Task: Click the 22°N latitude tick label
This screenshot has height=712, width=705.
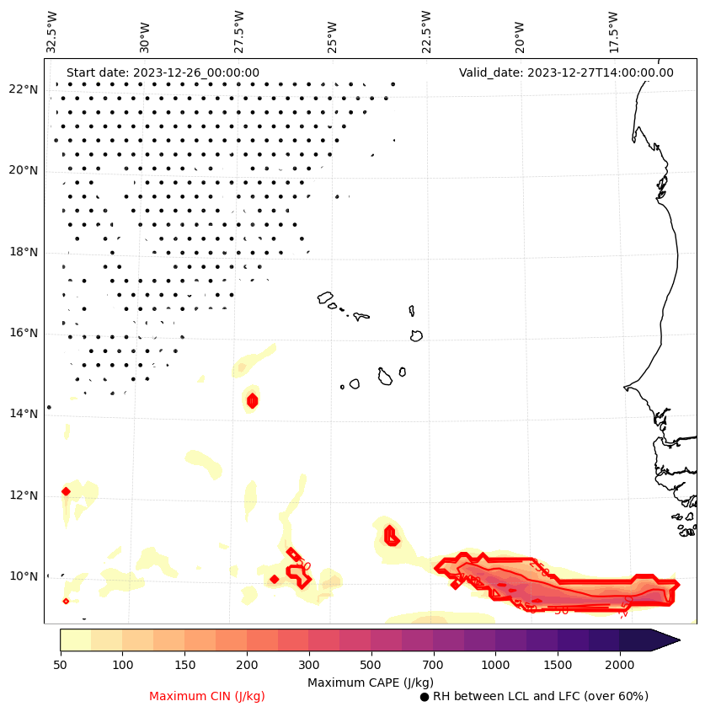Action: tap(23, 89)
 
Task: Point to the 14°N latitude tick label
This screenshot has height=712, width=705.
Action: tap(23, 414)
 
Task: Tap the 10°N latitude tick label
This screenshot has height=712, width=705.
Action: tap(23, 576)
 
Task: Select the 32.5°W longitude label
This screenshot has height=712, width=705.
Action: tap(52, 31)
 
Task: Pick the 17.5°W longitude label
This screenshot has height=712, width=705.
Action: tap(613, 31)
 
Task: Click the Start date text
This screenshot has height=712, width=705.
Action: tap(163, 72)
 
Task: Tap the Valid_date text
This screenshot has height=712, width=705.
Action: tap(566, 72)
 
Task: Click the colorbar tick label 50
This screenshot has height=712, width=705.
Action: tap(60, 666)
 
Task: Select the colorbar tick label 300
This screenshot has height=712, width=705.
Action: tap(309, 666)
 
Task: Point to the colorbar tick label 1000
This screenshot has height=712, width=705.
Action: tap(496, 666)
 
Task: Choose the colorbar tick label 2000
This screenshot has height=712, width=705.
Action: tap(620, 666)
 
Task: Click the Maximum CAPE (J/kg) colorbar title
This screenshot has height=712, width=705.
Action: tap(370, 682)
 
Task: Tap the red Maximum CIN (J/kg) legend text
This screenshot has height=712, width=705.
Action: tap(207, 696)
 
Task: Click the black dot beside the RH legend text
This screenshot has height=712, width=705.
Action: tap(425, 697)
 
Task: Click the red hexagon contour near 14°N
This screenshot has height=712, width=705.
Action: tap(252, 400)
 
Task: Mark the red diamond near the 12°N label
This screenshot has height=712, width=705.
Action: tap(66, 491)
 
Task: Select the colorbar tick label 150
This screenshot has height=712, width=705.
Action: tap(184, 666)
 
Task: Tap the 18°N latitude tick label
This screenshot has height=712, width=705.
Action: tap(23, 252)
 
